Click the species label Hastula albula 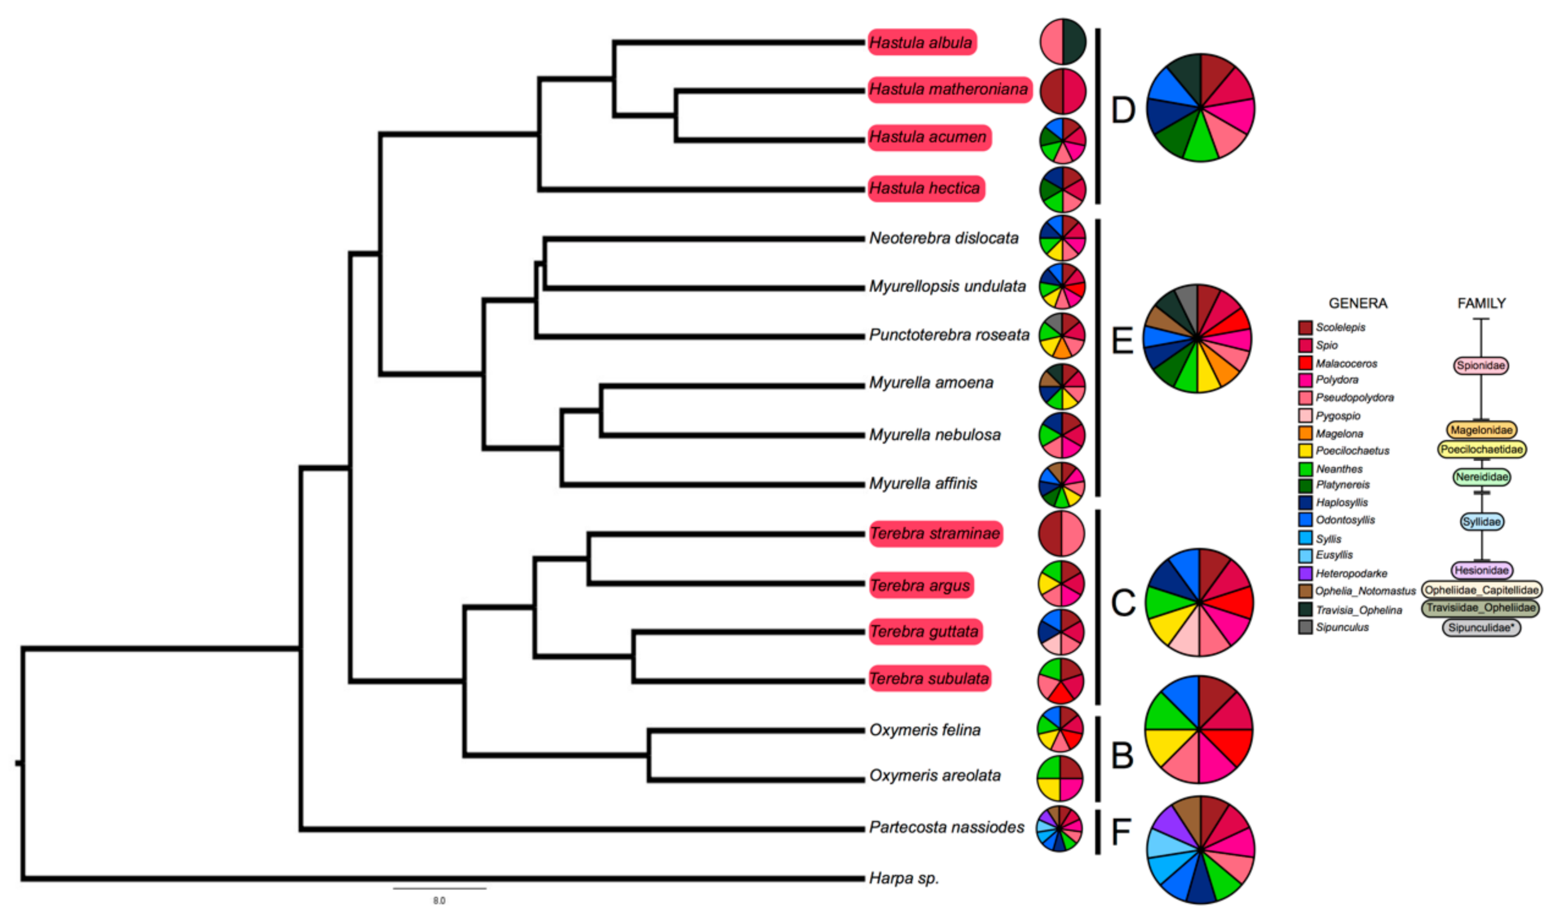pyautogui.click(x=921, y=42)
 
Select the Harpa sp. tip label pyautogui.click(x=904, y=878)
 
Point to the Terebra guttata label pyautogui.click(x=924, y=631)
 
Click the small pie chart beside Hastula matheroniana pyautogui.click(x=1062, y=91)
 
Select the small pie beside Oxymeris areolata pyautogui.click(x=1061, y=778)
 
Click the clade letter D pyautogui.click(x=1123, y=110)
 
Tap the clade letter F pyautogui.click(x=1121, y=832)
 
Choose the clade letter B pyautogui.click(x=1122, y=756)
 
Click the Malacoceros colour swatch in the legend pyautogui.click(x=1306, y=363)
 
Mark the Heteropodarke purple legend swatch pyautogui.click(x=1306, y=573)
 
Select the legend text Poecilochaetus pyautogui.click(x=1353, y=450)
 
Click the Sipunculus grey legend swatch pyautogui.click(x=1306, y=627)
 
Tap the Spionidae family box pyautogui.click(x=1481, y=365)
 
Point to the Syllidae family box pyautogui.click(x=1481, y=522)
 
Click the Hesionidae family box pyautogui.click(x=1482, y=570)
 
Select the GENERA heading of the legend pyautogui.click(x=1357, y=303)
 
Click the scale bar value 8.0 pyautogui.click(x=439, y=900)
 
